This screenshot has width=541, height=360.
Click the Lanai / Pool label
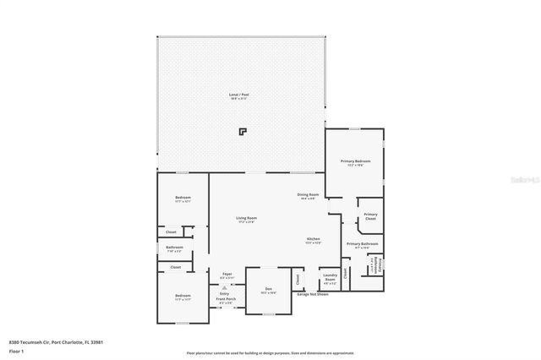point(240,95)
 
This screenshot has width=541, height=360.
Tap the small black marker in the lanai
point(243,132)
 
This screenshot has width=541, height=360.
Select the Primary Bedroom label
point(355,161)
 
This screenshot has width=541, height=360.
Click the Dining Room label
point(307,195)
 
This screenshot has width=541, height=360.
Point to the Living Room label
point(246,218)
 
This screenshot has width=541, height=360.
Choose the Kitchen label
point(313,239)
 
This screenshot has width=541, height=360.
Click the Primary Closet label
point(370,215)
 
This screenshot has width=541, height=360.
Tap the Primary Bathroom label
point(363,244)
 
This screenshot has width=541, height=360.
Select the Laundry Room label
point(330,275)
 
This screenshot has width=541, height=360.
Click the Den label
point(268,289)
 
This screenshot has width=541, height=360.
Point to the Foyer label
point(227,274)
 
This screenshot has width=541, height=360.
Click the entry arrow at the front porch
point(225,286)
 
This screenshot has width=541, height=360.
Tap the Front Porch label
point(225,299)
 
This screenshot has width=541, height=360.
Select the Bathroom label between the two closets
point(174,248)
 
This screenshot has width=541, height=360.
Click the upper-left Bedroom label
point(183,198)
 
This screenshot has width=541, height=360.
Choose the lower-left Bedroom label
point(183,296)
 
